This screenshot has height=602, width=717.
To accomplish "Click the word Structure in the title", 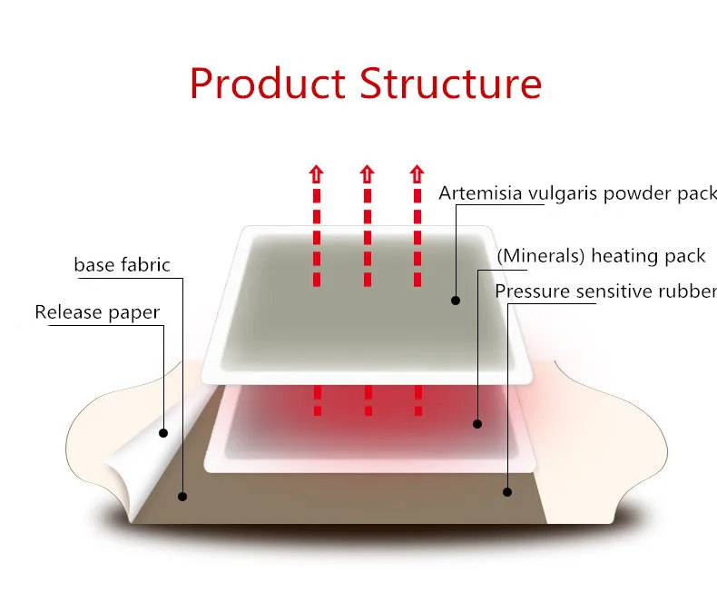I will click(x=450, y=83).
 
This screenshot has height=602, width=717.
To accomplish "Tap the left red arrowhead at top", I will click(x=317, y=173).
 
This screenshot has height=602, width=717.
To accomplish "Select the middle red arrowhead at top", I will click(x=367, y=173).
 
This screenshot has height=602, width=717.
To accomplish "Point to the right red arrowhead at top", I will click(x=417, y=173).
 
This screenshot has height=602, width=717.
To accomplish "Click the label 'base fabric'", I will click(x=122, y=265).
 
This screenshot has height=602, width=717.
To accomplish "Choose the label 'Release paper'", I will click(x=97, y=312).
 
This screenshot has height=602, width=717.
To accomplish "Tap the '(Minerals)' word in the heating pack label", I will click(x=540, y=255).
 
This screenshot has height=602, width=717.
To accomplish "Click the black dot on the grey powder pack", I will click(x=456, y=300).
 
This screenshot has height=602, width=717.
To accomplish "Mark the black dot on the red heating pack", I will click(x=478, y=422).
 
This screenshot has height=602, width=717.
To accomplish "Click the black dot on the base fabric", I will click(x=182, y=497).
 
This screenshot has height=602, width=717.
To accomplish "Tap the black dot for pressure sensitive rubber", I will click(x=507, y=492).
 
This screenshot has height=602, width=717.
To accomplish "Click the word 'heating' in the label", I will click(x=622, y=255).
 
